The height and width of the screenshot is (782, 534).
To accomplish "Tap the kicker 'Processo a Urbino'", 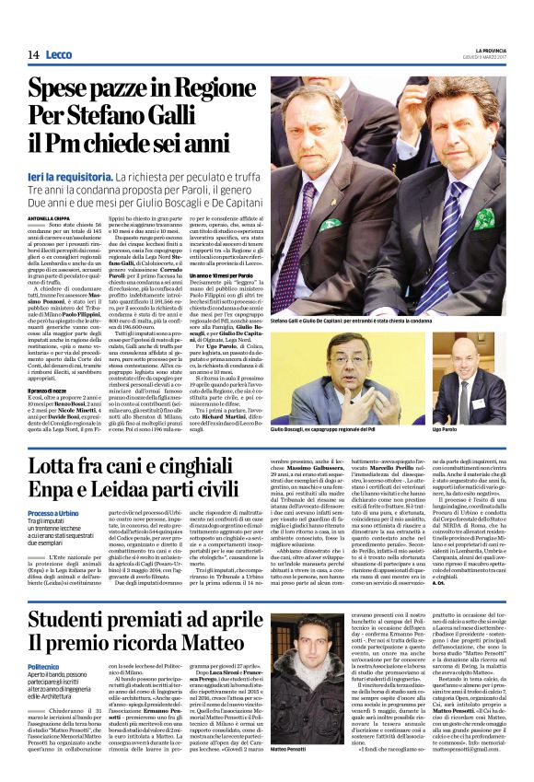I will coord(57,513).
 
